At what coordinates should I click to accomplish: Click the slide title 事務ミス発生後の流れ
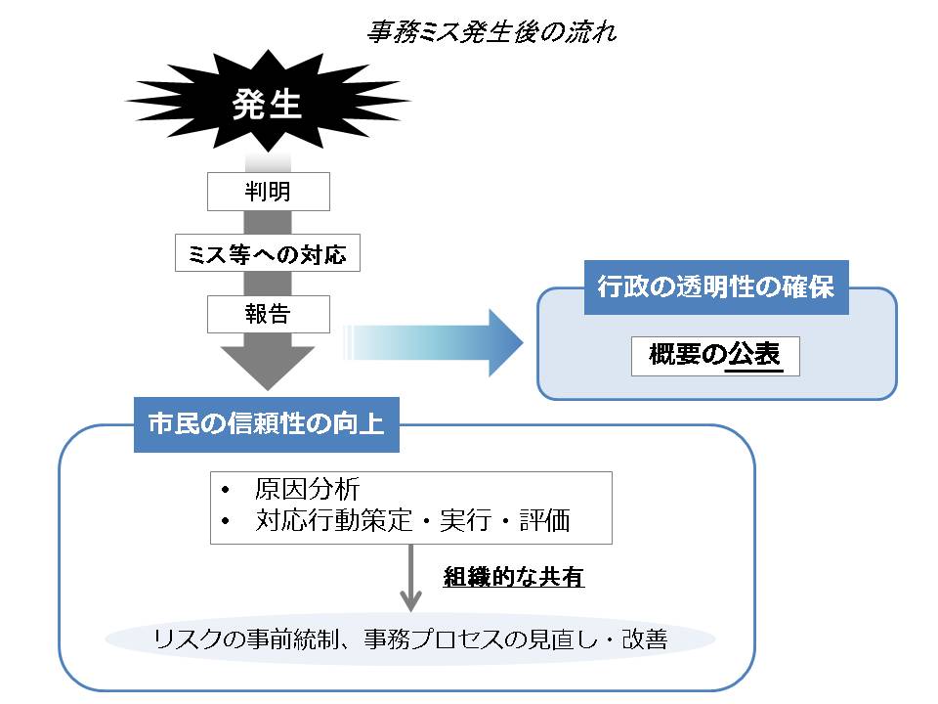(x=491, y=32)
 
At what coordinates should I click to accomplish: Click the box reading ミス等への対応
(x=268, y=253)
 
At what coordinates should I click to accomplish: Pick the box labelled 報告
(x=268, y=314)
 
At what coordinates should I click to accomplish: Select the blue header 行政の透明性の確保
(x=716, y=288)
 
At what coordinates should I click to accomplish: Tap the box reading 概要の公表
(x=715, y=355)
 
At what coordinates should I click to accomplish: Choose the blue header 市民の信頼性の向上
(x=266, y=425)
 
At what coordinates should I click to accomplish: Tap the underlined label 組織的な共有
(x=513, y=577)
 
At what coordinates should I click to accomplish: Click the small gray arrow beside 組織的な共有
(x=411, y=582)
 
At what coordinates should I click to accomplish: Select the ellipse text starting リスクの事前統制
(x=410, y=640)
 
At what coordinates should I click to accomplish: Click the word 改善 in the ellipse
(x=645, y=640)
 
